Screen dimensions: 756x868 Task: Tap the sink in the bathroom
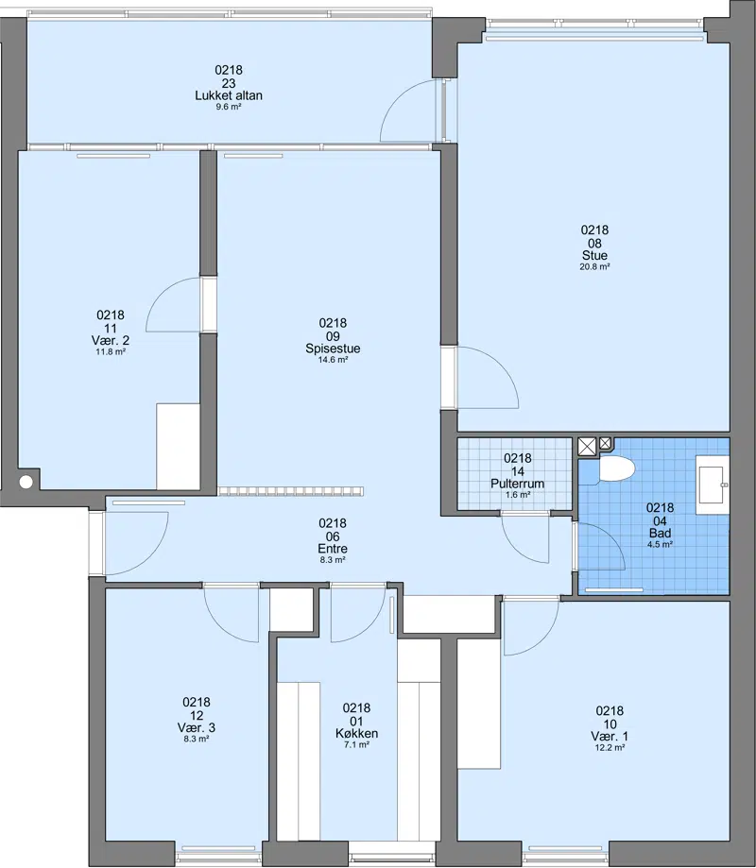(x=713, y=485)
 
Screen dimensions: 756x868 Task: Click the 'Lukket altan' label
(x=228, y=95)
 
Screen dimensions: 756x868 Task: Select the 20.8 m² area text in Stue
(x=594, y=266)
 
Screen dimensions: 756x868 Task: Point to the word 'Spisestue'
(x=333, y=349)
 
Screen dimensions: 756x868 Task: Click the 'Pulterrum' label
(x=517, y=484)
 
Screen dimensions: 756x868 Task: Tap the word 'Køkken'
(x=356, y=734)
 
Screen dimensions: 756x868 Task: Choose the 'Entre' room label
(x=333, y=549)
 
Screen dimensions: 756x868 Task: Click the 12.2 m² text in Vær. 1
(x=610, y=748)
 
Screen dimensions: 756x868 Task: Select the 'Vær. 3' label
(x=196, y=727)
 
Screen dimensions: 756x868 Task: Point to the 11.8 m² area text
(x=111, y=351)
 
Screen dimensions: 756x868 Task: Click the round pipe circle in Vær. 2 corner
(x=26, y=482)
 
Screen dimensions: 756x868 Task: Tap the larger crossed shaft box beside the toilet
(x=587, y=446)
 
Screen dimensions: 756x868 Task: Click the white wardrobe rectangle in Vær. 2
(x=178, y=446)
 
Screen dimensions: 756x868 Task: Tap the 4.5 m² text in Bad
(x=660, y=545)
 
